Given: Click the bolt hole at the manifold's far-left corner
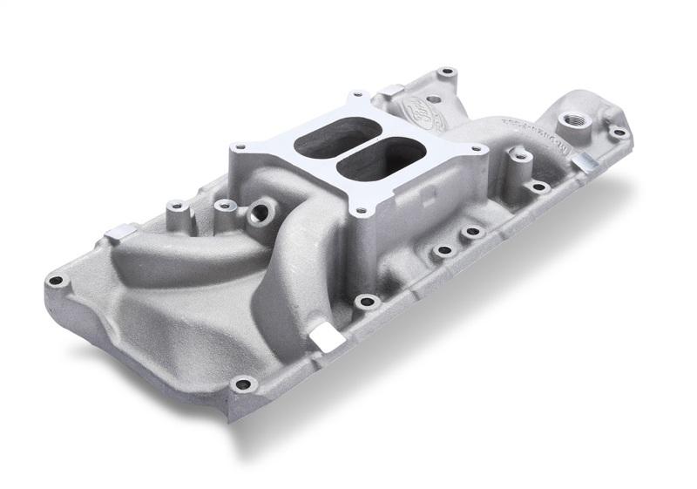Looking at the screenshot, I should coord(56,280).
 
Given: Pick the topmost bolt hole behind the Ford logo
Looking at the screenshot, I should coord(447,71).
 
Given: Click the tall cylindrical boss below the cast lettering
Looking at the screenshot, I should coord(520,157).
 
